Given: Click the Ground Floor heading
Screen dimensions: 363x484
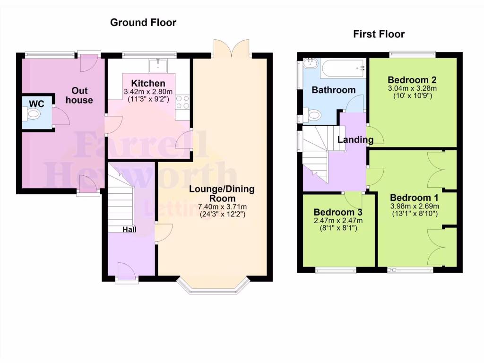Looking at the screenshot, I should pos(143,22).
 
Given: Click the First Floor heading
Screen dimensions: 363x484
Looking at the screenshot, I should pos(379,34).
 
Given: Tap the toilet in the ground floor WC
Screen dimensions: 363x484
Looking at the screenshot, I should pos(34,114).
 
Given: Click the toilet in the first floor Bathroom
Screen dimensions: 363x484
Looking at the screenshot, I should pos(312,114).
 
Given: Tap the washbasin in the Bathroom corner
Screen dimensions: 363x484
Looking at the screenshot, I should pos(311,64).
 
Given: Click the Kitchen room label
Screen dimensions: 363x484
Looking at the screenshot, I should pos(148,83).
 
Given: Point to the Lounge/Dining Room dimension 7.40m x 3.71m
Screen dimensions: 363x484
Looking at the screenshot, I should pos(222,207).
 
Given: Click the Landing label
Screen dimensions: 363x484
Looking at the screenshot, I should pos(355,140).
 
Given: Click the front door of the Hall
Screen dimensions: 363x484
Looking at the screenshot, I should pos(127,273).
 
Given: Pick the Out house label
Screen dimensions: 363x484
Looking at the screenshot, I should pos(79,95).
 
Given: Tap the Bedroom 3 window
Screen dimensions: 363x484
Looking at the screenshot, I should pos(336,270).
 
